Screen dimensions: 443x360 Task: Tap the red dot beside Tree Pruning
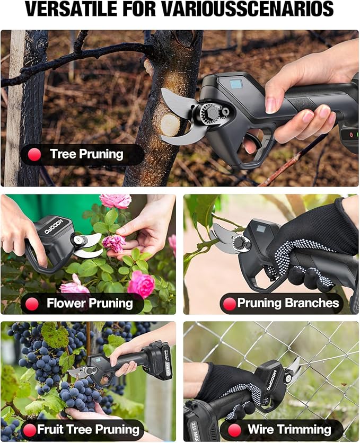point(35,155)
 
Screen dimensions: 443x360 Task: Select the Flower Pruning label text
point(90,304)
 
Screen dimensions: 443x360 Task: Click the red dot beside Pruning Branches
point(230,304)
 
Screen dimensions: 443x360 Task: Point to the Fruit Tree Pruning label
point(88,429)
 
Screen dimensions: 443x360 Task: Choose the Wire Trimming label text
point(289,429)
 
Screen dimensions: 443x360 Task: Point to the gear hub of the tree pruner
point(210,114)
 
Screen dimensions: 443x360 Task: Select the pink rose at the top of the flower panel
point(115,200)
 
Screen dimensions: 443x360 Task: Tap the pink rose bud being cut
point(113,243)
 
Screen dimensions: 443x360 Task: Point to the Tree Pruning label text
point(86,155)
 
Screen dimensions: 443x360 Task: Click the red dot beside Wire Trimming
point(234,429)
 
